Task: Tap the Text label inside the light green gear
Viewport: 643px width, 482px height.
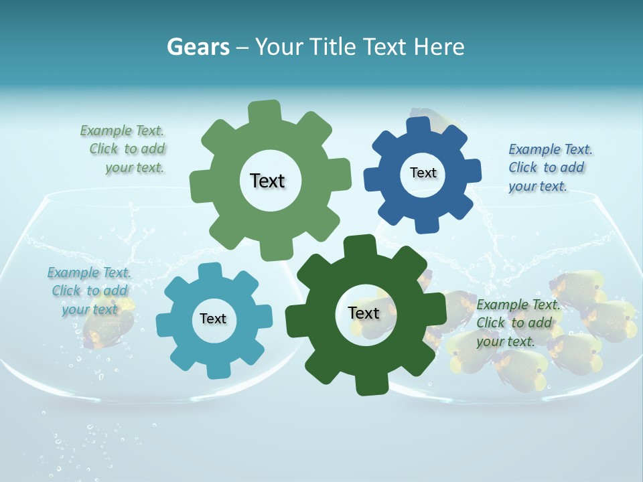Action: (x=267, y=181)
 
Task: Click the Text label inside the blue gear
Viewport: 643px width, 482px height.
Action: (x=423, y=173)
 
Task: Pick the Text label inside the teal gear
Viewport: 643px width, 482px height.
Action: (x=213, y=319)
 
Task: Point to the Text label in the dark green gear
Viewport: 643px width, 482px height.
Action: (x=364, y=313)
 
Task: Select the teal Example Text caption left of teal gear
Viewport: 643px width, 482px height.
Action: (x=89, y=291)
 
